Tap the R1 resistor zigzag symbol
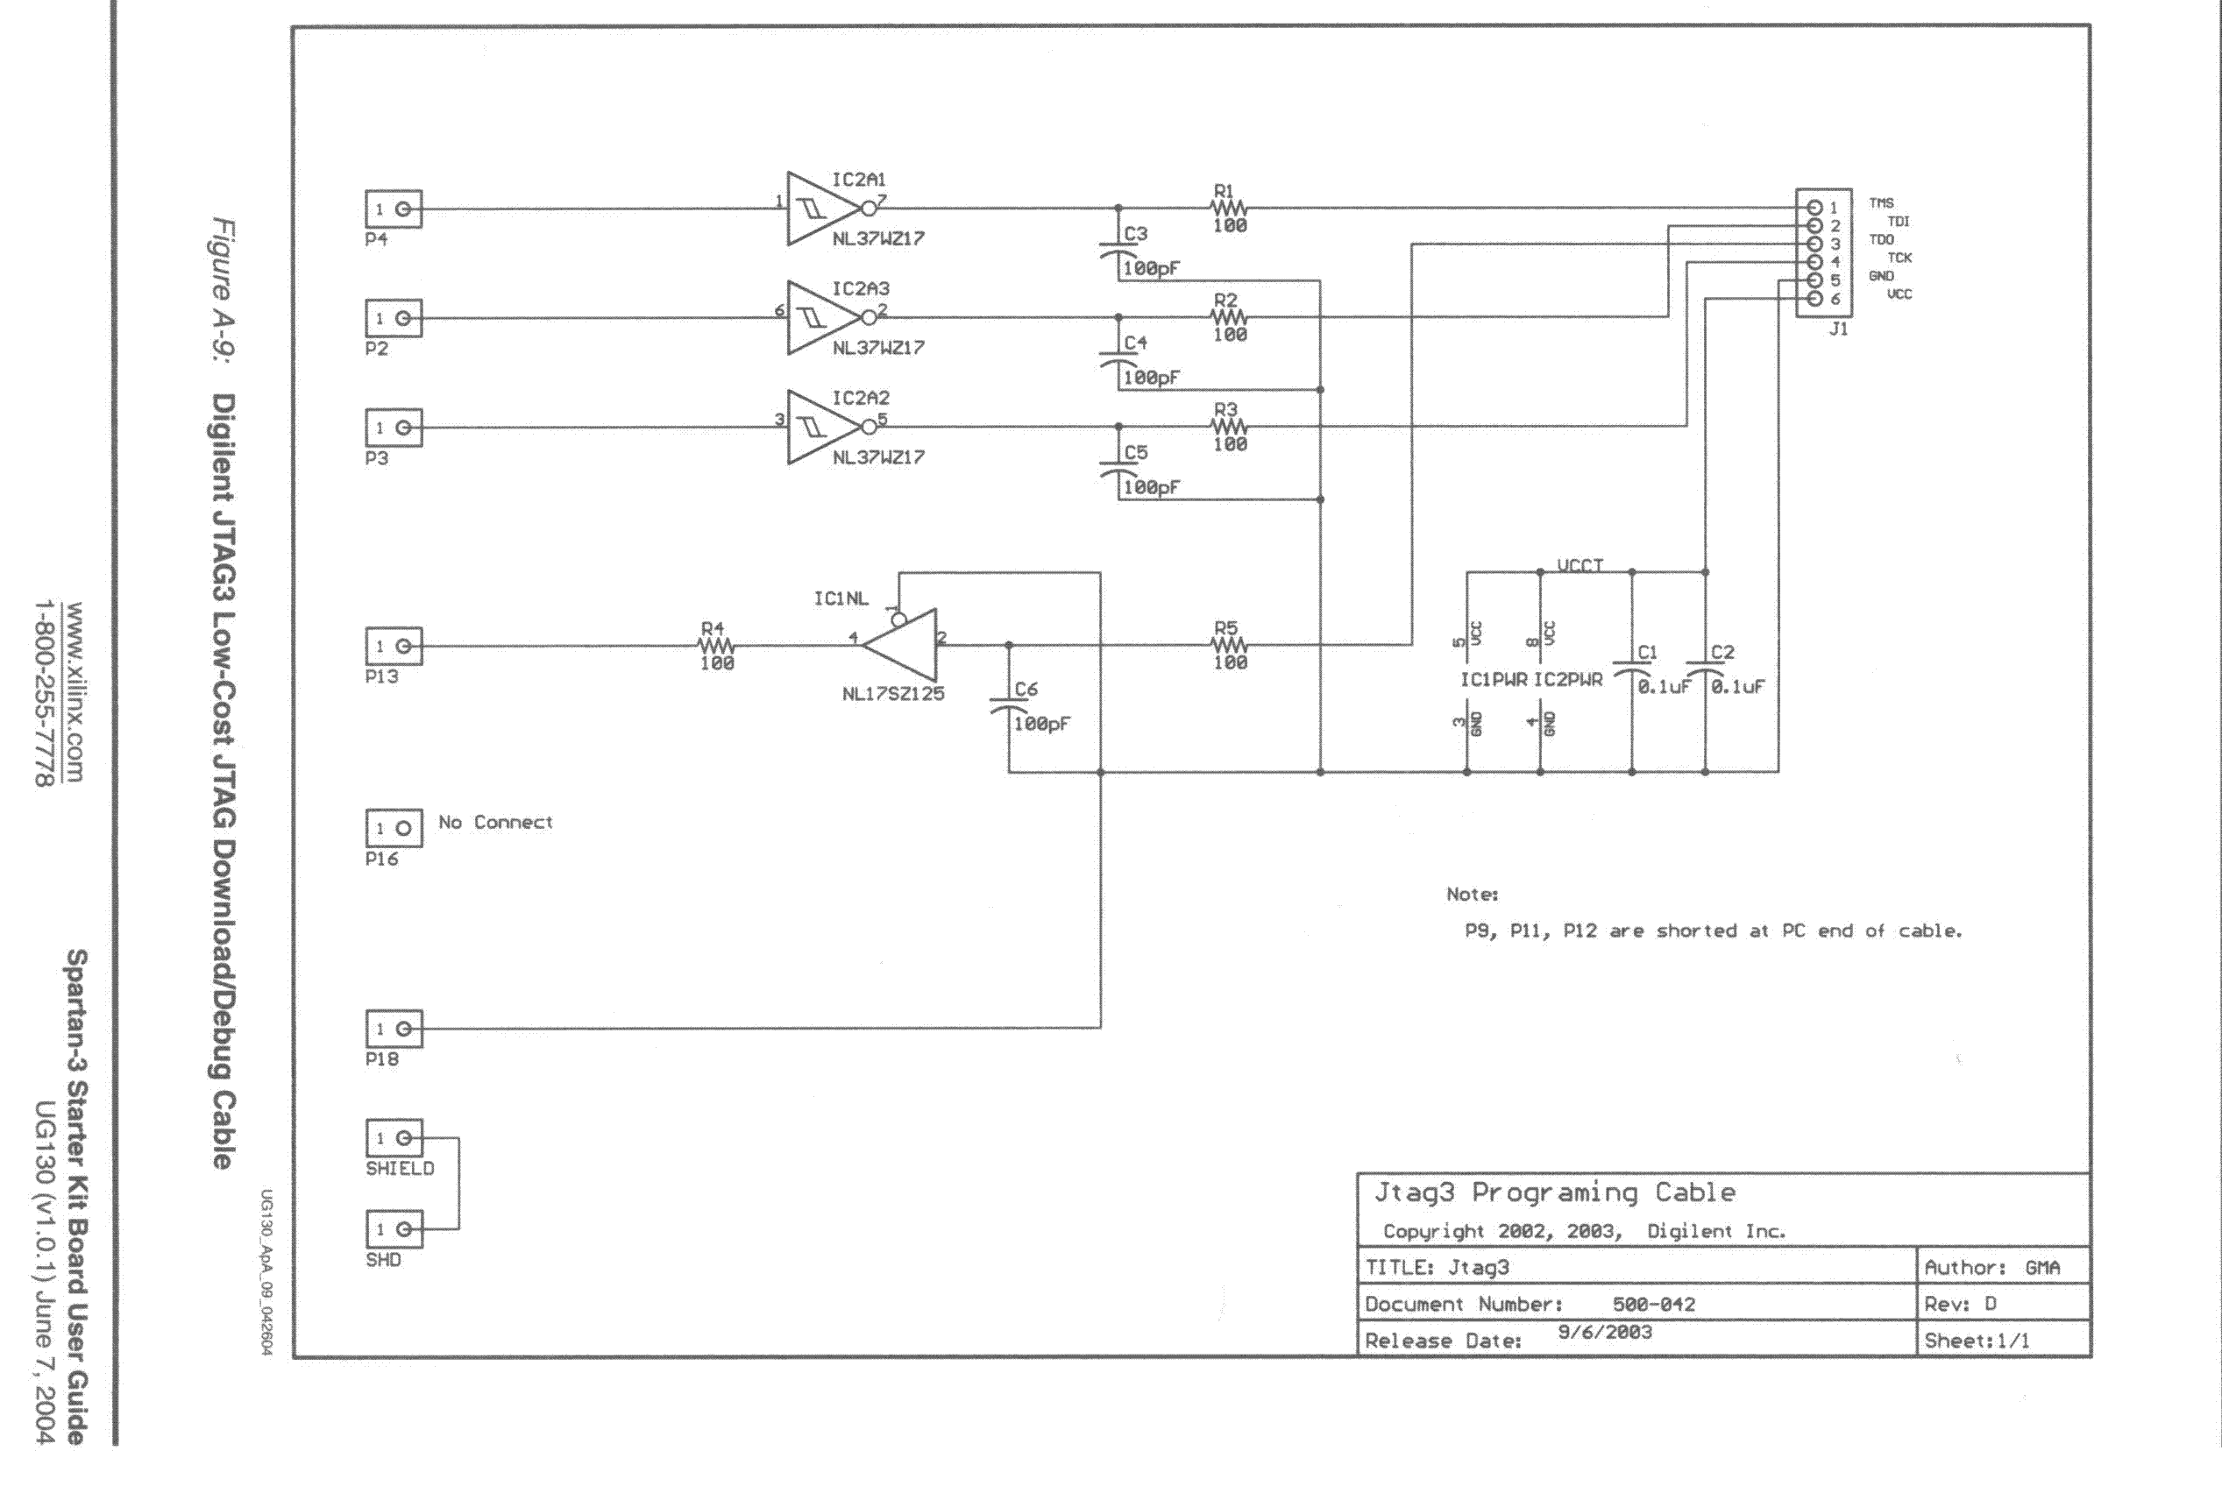(1229, 208)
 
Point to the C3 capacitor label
(1136, 234)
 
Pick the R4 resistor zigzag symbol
(716, 646)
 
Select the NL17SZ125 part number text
(893, 694)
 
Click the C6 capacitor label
(1026, 690)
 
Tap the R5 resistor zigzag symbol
(1229, 646)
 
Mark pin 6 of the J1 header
(1815, 300)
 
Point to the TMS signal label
(1881, 202)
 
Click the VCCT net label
(1580, 566)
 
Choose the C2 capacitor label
(1722, 653)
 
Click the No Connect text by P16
(495, 823)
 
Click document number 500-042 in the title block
(1653, 1304)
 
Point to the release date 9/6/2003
(1605, 1333)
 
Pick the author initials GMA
(2043, 1268)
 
